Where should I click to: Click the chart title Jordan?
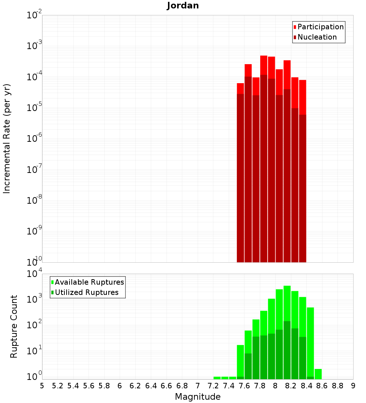tap(183, 5)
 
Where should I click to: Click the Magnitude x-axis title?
tap(198, 397)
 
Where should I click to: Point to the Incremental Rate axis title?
tap(7, 139)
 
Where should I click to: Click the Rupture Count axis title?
tap(14, 326)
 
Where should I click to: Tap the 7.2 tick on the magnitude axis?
tap(213, 386)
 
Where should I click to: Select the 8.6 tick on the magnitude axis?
tap(322, 386)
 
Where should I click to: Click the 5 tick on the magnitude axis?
tap(42, 386)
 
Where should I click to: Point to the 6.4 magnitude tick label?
tap(151, 386)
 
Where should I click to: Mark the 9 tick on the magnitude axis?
tap(353, 386)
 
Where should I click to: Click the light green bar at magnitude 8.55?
tap(318, 374)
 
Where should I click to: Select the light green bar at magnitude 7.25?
tap(217, 378)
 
